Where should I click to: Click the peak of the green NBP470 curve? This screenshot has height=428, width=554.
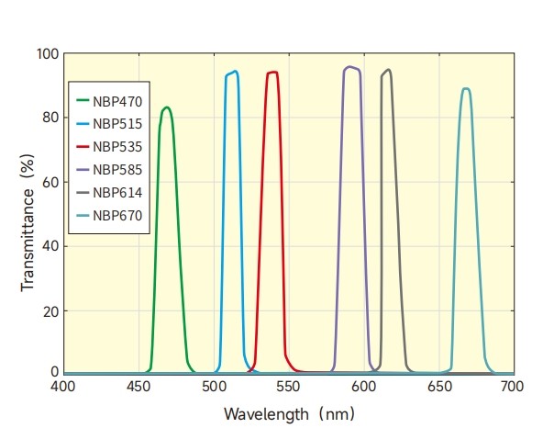pos(166,107)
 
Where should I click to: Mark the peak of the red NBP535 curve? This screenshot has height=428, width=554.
pos(272,72)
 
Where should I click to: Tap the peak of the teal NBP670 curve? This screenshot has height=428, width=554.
pos(466,88)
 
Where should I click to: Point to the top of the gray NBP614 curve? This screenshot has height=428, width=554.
pos(389,69)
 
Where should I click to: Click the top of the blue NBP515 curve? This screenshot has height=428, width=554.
pos(236,71)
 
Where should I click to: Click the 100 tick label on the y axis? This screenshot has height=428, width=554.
pos(48,54)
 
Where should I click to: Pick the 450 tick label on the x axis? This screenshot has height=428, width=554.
pos(138,387)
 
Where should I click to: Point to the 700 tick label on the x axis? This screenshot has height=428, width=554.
pos(514,387)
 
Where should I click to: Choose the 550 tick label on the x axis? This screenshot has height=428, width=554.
pos(289,387)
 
